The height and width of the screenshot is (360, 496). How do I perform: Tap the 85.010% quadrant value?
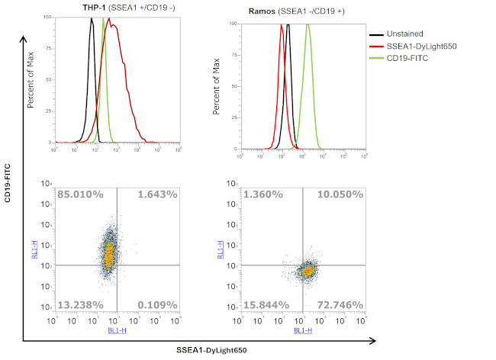pyautogui.click(x=80, y=195)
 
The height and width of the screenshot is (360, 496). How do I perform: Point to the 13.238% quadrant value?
pyautogui.click(x=80, y=304)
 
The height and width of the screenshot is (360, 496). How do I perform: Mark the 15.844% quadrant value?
pyautogui.click(x=267, y=304)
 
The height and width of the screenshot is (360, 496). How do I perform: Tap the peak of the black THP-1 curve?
pyautogui.click(x=92, y=19)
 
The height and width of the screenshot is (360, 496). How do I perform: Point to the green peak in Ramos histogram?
pyautogui.click(x=308, y=24)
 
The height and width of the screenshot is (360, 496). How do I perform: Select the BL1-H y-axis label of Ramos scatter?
pyautogui.click(x=221, y=249)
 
